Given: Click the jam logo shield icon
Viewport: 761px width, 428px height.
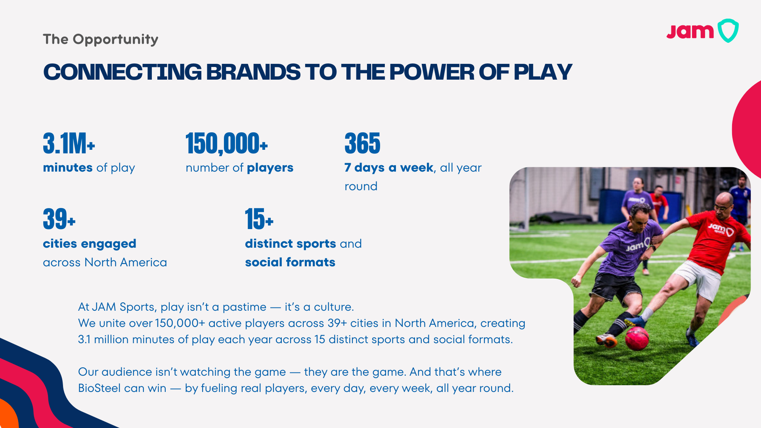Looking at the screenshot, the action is click(728, 31).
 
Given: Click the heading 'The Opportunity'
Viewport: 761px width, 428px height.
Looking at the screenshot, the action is click(101, 40).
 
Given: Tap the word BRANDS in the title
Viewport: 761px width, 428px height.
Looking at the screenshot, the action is click(253, 72).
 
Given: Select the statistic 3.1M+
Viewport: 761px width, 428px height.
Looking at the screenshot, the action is click(69, 143).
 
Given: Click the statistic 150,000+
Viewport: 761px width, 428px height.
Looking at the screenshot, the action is click(227, 143).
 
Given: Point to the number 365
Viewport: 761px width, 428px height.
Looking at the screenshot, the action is click(362, 143).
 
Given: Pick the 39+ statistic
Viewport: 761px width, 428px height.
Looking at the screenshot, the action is click(59, 219).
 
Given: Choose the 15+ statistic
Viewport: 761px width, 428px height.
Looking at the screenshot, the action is click(259, 219).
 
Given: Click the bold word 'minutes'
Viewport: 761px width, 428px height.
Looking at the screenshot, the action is click(68, 168).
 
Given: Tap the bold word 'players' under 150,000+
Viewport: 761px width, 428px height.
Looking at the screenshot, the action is click(270, 168).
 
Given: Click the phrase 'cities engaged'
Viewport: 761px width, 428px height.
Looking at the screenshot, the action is click(90, 244).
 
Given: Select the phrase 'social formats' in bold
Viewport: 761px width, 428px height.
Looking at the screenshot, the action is click(290, 262).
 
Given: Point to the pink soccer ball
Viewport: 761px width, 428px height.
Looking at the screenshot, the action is click(637, 338).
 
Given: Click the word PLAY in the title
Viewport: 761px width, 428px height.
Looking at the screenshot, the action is click(543, 72).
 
